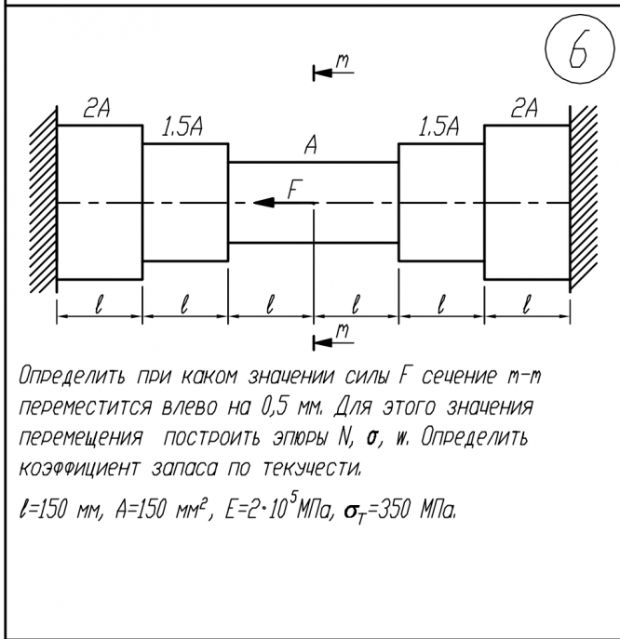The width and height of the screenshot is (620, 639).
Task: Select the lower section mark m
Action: point(342,331)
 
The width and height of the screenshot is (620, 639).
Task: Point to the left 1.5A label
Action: point(184,128)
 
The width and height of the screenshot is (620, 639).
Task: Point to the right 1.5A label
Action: point(438,128)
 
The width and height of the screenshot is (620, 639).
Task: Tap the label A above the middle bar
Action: point(312,146)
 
